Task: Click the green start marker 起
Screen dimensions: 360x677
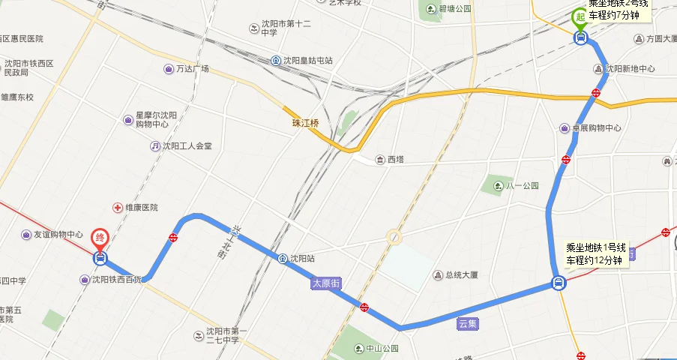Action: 580,17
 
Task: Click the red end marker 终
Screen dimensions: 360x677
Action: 100,238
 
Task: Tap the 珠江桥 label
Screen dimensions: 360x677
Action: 305,123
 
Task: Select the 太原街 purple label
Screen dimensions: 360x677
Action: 326,283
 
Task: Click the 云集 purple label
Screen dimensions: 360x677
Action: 468,324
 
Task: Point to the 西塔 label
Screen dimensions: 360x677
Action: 394,159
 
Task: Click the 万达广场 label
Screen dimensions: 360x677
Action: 192,69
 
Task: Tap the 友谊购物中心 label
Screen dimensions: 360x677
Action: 58,235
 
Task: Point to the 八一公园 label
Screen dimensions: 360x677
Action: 522,185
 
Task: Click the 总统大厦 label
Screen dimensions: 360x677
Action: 460,275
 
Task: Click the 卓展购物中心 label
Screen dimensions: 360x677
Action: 596,128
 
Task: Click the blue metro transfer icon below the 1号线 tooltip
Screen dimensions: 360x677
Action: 559,283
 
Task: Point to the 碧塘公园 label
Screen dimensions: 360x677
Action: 454,9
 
